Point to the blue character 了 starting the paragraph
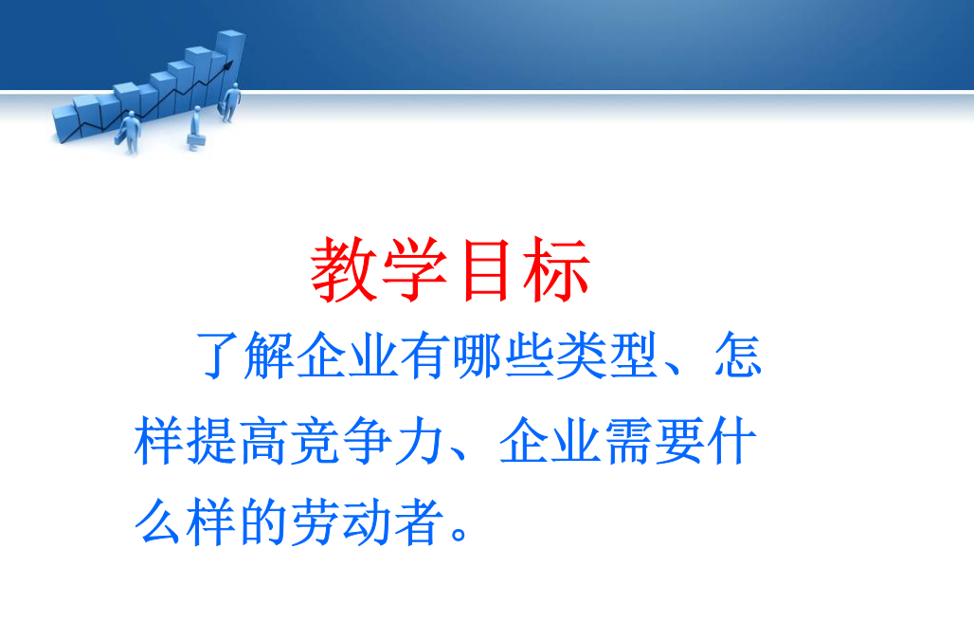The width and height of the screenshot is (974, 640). (218, 355)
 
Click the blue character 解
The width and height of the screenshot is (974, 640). (268, 355)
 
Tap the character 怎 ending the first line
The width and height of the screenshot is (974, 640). (737, 355)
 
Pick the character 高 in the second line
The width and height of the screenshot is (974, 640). (263, 441)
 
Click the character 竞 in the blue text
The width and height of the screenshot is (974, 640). (316, 441)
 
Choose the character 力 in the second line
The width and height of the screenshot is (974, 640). (420, 441)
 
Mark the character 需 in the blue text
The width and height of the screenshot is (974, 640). (628, 441)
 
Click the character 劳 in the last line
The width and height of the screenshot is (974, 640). (316, 521)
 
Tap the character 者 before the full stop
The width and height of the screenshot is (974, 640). (420, 521)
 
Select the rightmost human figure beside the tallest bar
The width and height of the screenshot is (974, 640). (231, 102)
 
